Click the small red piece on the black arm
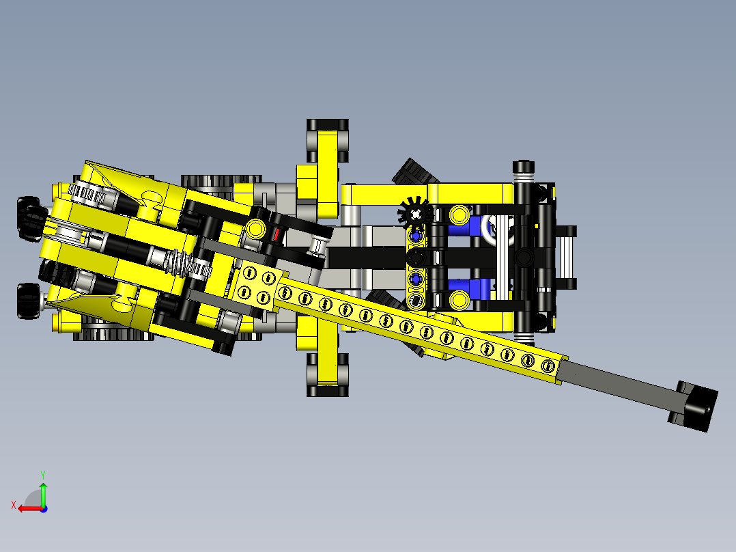277,234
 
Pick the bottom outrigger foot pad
328,375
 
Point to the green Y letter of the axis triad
43,475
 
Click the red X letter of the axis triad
14,505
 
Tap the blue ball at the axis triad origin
44,509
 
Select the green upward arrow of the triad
43,493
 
